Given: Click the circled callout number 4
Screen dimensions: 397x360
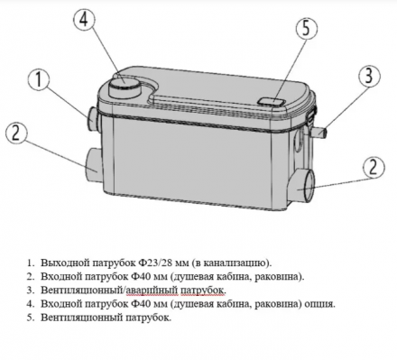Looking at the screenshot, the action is tap(85, 20).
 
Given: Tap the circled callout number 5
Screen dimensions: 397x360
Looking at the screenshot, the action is tap(306, 28).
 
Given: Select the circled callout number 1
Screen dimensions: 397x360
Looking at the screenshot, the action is tap(39, 79).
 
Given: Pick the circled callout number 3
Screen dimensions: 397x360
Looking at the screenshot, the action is tap(369, 75).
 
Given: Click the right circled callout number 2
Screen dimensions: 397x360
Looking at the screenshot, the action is tap(373, 166).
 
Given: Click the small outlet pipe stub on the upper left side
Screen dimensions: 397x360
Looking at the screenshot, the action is tap(94, 118).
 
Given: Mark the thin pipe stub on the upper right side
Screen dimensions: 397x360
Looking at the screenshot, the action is tap(319, 133).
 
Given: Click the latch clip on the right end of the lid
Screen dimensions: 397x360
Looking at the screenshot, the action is tap(312, 114).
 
